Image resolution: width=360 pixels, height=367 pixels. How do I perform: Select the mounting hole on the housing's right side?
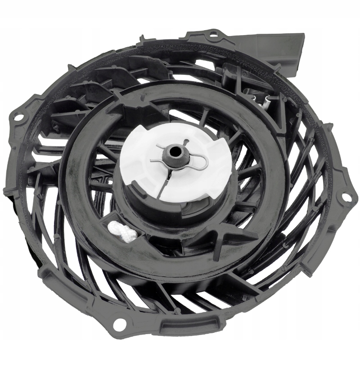[346, 197]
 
